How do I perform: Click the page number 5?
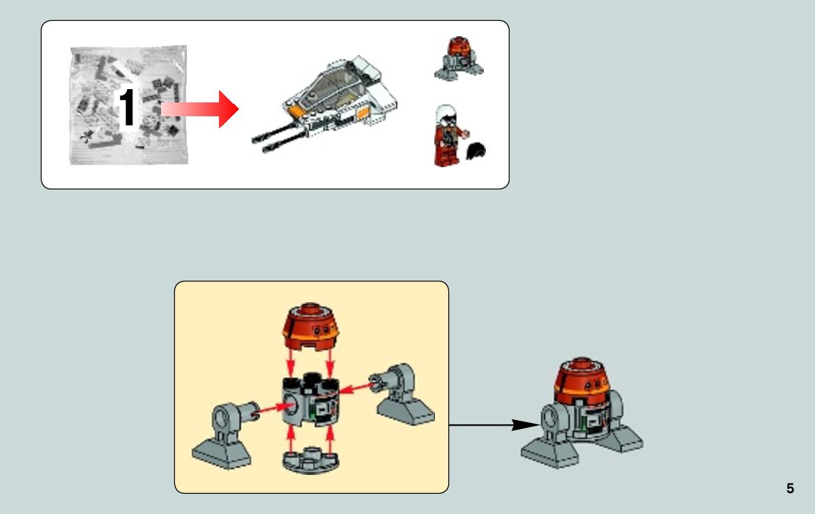pos(790,488)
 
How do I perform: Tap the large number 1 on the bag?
pos(127,107)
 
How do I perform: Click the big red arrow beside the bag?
pos(200,109)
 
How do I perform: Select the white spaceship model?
pos(325,104)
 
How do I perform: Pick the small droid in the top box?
pos(459,59)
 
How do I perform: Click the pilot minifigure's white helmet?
pos(446,114)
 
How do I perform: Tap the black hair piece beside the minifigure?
pos(477,151)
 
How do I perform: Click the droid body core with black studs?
pos(311,399)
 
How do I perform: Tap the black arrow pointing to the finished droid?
pos(494,426)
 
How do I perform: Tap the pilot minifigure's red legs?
pos(446,156)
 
